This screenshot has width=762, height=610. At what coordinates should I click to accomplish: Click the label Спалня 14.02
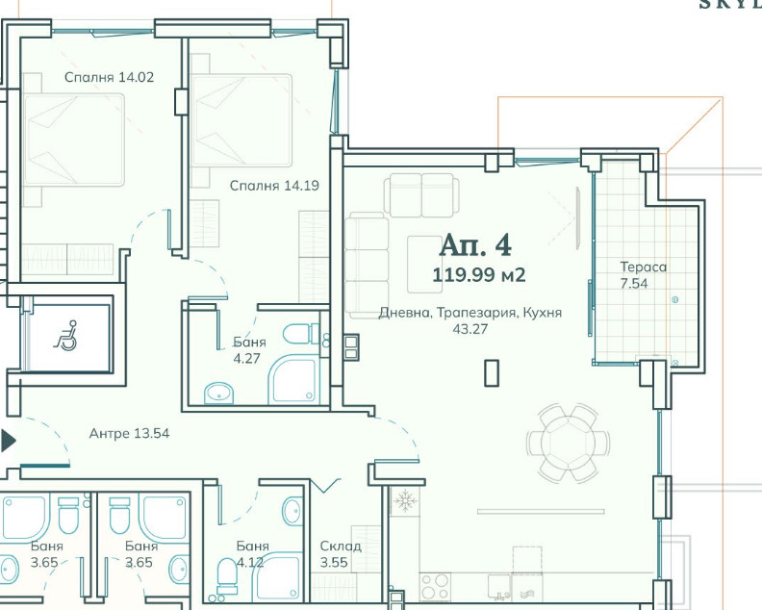coord(109,78)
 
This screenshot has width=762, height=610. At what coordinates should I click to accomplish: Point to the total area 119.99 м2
coord(479,275)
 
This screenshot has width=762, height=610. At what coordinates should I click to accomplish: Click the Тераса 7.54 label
coord(644,275)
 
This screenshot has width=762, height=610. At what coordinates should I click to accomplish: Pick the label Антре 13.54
coord(129,433)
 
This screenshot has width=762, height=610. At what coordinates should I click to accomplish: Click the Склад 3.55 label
coord(341,554)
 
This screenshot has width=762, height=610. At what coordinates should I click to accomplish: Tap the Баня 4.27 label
coord(249,350)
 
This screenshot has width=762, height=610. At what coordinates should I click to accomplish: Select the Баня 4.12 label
coord(253,554)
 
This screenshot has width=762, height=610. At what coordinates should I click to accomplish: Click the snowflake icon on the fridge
coord(404,501)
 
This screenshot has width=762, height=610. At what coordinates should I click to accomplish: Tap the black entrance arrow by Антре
coord(9,442)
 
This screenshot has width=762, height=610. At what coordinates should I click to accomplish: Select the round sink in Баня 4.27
coord(220,393)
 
